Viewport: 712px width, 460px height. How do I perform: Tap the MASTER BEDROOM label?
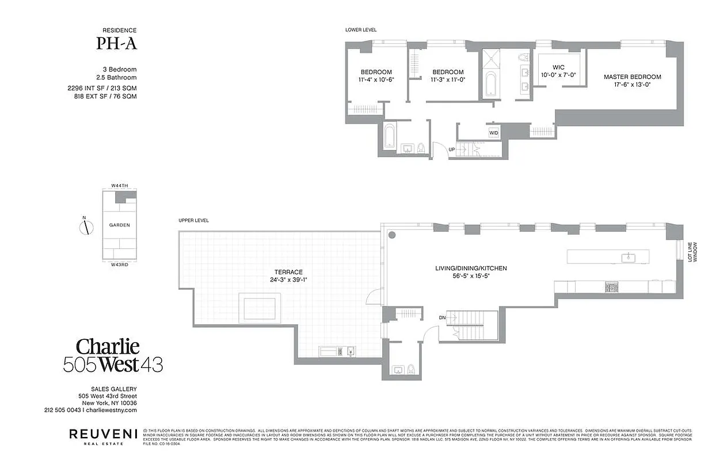[x=632, y=77]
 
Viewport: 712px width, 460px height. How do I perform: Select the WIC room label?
[x=558, y=67]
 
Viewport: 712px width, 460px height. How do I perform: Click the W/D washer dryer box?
[x=494, y=133]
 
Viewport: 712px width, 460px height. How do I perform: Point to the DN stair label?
[x=442, y=317]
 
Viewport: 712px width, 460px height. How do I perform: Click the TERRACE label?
[x=288, y=272]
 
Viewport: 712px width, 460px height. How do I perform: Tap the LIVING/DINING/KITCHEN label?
[x=470, y=269]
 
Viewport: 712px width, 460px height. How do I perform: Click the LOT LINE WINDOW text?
[x=692, y=251]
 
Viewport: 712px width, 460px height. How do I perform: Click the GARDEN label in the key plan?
[x=120, y=225]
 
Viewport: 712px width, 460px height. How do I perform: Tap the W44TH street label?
[x=120, y=186]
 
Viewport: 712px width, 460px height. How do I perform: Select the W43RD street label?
[x=120, y=264]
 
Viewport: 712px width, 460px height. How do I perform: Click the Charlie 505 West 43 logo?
[x=120, y=355]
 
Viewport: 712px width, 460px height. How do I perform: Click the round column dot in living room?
[x=391, y=235]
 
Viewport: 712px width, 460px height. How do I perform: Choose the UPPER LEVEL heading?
[x=193, y=220]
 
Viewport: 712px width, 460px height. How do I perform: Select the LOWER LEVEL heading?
[x=361, y=30]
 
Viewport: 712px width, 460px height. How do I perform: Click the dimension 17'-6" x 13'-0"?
[x=632, y=85]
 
